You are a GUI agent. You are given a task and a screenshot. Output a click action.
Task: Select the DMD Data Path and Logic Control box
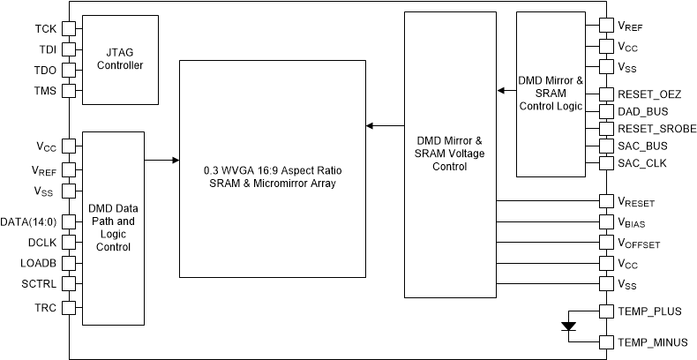113,228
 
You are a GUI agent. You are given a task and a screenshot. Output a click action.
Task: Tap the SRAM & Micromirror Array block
272,169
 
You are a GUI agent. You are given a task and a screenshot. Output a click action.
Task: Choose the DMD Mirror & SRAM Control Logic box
551,94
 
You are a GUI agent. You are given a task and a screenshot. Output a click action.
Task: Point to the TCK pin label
46,29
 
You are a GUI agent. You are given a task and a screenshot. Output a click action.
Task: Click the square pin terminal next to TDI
69,49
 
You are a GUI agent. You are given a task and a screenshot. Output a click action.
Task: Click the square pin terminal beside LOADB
69,263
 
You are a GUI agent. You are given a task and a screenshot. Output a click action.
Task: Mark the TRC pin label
46,308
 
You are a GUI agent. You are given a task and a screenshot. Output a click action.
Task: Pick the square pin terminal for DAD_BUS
605,112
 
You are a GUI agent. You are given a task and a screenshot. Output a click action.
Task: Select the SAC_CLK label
643,163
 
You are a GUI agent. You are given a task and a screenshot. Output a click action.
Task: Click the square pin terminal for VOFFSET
605,243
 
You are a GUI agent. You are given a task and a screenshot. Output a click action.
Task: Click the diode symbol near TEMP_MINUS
568,326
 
